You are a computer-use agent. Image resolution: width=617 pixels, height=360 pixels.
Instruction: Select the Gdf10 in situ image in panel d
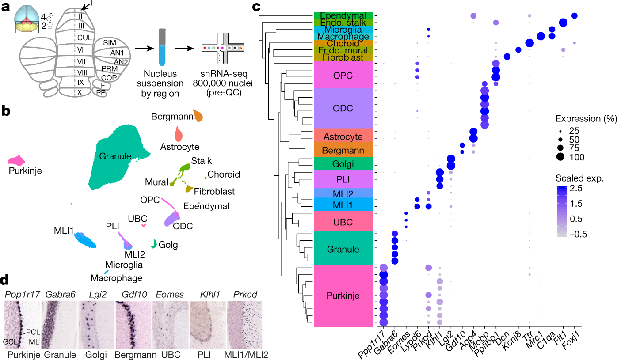click(x=133, y=326)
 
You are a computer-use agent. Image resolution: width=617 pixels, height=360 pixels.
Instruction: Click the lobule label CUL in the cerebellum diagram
click(x=84, y=38)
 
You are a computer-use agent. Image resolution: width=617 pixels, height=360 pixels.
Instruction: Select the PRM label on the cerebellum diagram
click(x=109, y=68)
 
